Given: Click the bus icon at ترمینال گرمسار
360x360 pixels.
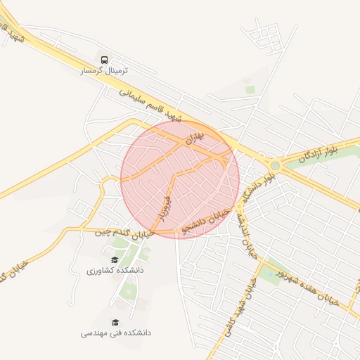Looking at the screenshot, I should [x=104, y=60].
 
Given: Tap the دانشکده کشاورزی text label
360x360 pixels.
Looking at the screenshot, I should [x=115, y=270].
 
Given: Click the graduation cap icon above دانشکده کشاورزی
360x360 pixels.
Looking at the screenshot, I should [x=115, y=259].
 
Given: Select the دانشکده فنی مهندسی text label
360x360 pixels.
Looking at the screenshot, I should [x=115, y=332].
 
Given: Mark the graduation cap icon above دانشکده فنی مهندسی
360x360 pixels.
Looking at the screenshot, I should [x=115, y=321].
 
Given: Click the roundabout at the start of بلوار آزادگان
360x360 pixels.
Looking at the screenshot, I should [x=275, y=166].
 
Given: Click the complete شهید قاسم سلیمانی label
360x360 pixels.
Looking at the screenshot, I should [x=150, y=103].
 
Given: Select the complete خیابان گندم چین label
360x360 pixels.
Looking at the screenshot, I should [x=124, y=233].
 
